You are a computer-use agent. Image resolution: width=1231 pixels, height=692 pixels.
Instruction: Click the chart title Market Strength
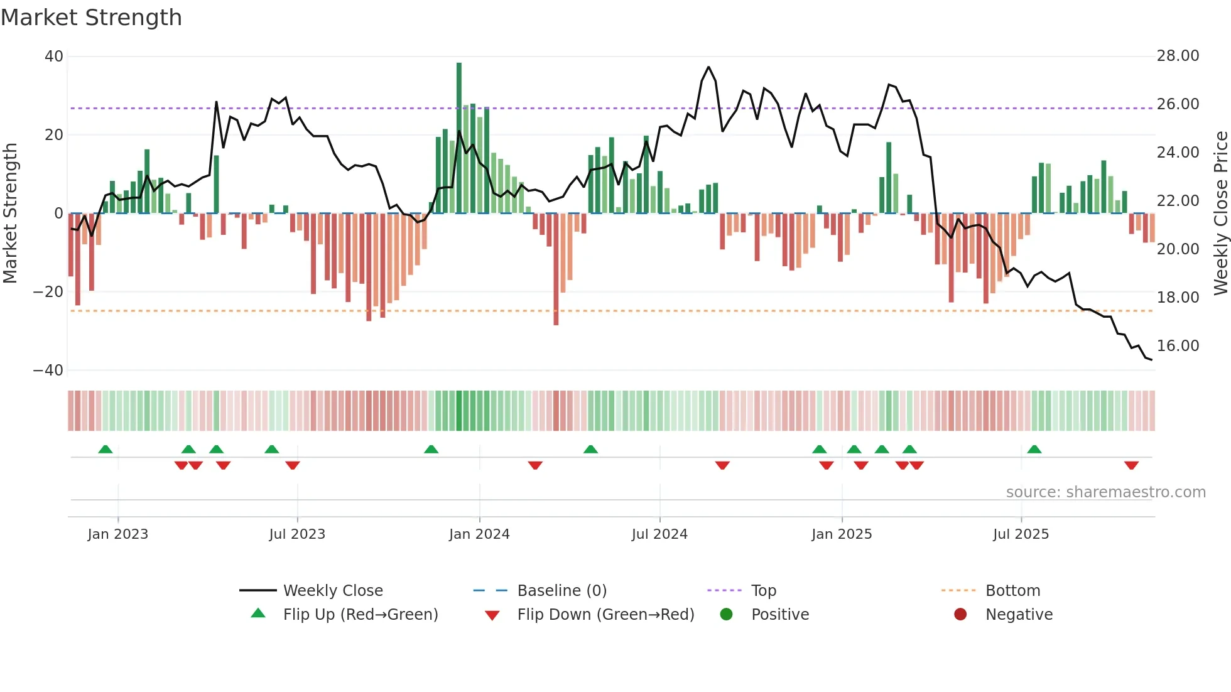(x=92, y=18)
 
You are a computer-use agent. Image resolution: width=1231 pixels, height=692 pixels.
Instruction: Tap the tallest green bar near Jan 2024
(x=459, y=138)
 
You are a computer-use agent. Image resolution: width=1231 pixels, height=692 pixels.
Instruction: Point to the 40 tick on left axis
(x=54, y=57)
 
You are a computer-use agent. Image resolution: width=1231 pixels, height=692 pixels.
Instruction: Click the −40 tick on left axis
(x=48, y=370)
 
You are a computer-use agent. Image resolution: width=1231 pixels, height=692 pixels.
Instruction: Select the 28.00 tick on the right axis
(x=1178, y=56)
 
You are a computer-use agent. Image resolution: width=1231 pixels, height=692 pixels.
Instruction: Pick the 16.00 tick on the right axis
(x=1178, y=346)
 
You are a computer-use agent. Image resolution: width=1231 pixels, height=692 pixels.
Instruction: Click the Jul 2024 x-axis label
(x=659, y=534)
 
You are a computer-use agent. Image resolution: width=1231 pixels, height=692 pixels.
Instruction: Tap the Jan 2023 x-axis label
(x=118, y=534)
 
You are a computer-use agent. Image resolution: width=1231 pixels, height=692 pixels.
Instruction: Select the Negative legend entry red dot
(x=960, y=615)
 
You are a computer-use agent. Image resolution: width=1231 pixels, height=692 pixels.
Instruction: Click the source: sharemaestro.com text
(x=1105, y=492)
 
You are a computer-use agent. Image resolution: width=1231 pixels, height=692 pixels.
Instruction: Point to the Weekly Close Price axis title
(x=1220, y=214)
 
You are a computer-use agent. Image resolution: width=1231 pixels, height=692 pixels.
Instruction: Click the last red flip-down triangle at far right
(x=1131, y=465)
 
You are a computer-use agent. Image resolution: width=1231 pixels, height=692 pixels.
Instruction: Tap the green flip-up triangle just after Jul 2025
(x=1034, y=449)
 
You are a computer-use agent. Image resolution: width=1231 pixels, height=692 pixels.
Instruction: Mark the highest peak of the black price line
(x=708, y=67)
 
